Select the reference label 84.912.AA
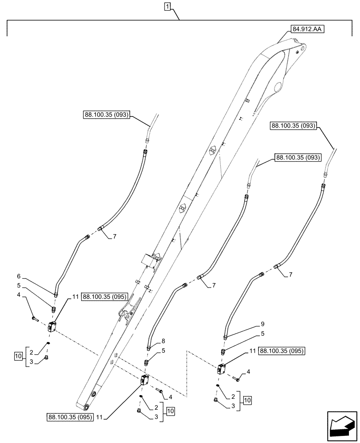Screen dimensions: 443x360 (x=307, y=30)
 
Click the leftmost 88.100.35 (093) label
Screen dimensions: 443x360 (x=106, y=115)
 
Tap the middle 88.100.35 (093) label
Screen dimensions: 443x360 (x=297, y=157)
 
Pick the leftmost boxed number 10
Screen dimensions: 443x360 (x=18, y=355)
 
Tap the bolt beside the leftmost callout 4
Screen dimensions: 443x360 (x=35, y=319)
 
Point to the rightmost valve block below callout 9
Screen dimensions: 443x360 (x=221, y=369)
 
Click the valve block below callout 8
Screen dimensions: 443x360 (x=144, y=380)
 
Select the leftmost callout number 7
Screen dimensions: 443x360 (x=114, y=236)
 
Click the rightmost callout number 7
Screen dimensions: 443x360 (x=290, y=275)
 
